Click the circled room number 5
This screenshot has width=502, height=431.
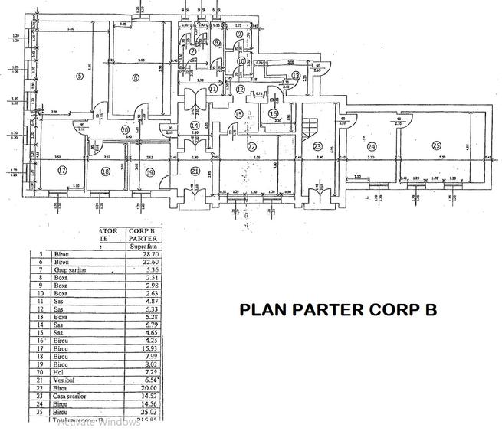tap(79, 76)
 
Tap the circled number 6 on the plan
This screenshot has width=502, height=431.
tap(135, 77)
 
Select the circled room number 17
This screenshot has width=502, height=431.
tap(63, 170)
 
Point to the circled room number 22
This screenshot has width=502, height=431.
tap(251, 145)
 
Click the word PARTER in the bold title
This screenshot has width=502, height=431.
tap(350, 310)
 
